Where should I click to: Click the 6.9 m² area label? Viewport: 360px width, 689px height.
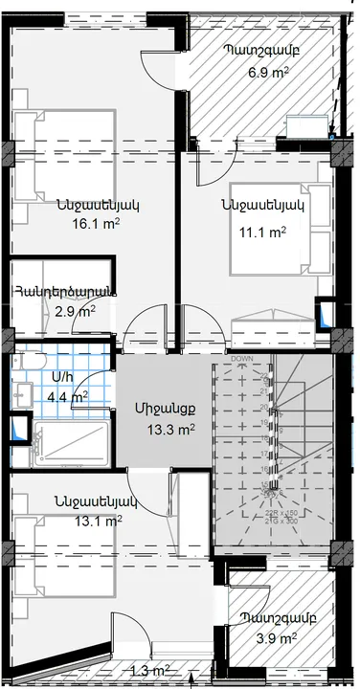tap(269, 72)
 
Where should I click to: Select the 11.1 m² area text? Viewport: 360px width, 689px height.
tap(263, 232)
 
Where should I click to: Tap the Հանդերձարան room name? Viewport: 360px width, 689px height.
tap(64, 291)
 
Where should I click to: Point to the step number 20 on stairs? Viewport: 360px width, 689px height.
tap(264, 406)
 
